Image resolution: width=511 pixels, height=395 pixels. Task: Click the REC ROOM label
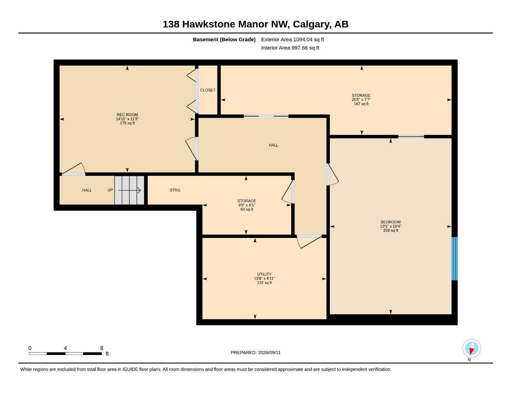[x=127, y=115]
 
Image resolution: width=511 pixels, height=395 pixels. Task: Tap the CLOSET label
[x=207, y=90]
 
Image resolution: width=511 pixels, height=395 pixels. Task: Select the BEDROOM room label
[x=391, y=222]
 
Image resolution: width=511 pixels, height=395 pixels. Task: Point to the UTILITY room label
[x=264, y=274]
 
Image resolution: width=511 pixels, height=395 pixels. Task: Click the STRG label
[x=175, y=190]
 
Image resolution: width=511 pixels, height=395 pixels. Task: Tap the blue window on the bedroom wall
[x=455, y=258]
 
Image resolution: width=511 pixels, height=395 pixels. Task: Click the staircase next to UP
[x=129, y=190]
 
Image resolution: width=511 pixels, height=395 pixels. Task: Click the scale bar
[x=66, y=354]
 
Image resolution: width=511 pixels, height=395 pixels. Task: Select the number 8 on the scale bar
[x=101, y=348]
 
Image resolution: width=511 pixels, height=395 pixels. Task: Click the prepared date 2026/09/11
[x=269, y=353]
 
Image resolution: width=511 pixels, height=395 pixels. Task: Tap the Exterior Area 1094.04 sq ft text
[x=293, y=39]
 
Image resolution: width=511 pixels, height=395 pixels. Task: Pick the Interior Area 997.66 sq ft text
[x=290, y=48]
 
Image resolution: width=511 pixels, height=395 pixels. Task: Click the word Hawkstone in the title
[x=209, y=24]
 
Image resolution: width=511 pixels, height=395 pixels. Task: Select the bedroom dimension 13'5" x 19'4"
[x=391, y=226]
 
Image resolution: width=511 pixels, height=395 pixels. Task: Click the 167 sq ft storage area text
[x=361, y=104]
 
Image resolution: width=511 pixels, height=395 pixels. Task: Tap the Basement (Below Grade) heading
[x=224, y=39]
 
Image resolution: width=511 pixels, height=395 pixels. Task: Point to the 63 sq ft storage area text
[x=247, y=209]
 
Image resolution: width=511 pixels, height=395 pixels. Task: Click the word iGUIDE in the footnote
[x=130, y=370]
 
